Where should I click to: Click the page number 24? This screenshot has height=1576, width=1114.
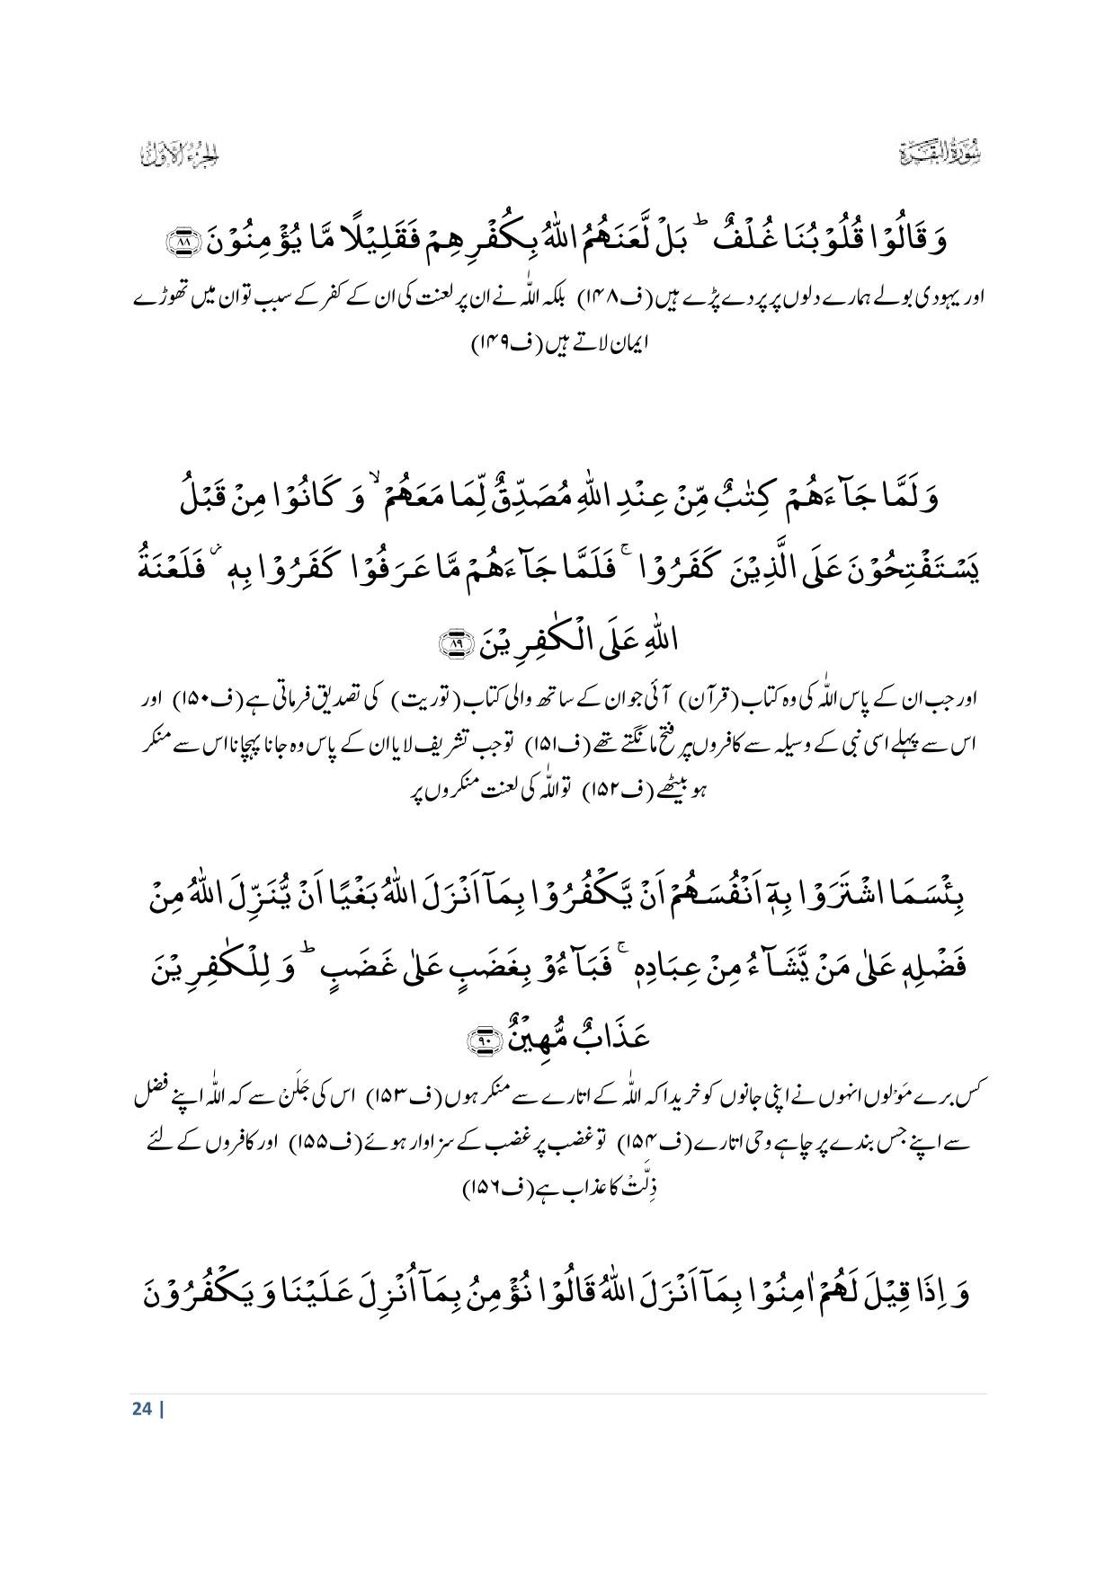141,1408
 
